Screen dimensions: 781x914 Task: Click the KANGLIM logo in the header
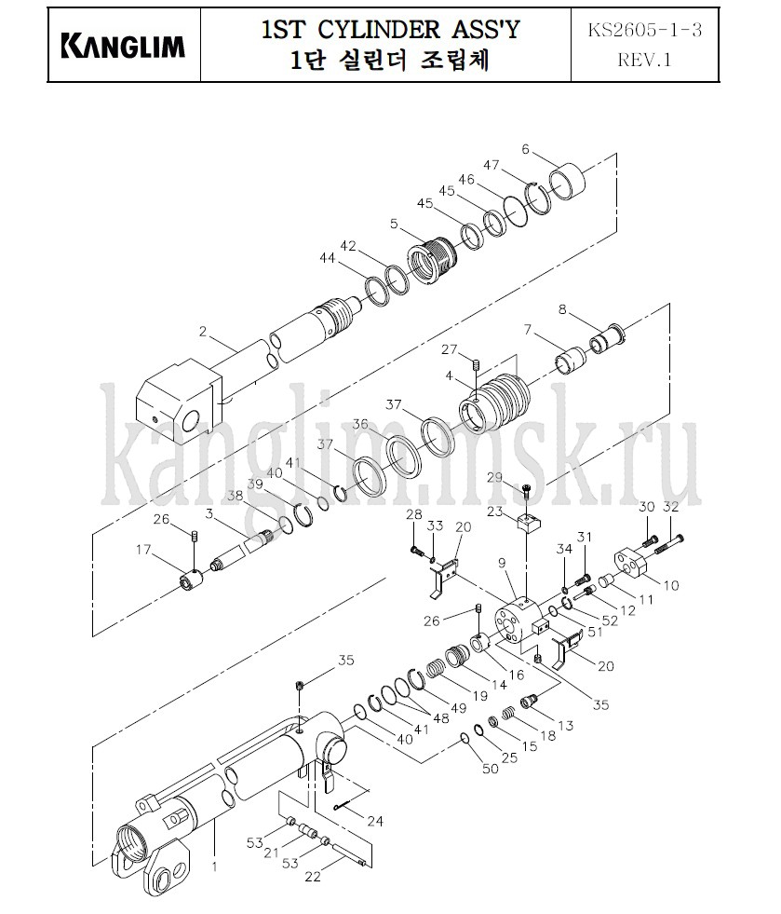[x=123, y=47]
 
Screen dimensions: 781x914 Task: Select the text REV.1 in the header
[x=644, y=60]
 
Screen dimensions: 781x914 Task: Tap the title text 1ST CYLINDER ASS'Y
[x=390, y=29]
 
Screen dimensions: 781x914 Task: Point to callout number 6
[x=525, y=149]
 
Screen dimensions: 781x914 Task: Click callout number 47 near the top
[x=491, y=165]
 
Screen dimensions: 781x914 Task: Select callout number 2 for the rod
[x=202, y=332]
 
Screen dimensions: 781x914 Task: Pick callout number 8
[x=562, y=309]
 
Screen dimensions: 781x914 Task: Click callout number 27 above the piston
[x=449, y=349]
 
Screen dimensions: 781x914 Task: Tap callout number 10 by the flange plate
[x=671, y=585]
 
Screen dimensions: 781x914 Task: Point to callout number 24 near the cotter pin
[x=375, y=821]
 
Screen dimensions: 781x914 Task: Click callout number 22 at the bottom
[x=313, y=876]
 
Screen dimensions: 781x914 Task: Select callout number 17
[x=143, y=549]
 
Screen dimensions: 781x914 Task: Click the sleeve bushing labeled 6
[x=568, y=183]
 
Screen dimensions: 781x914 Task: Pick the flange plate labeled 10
[x=631, y=562]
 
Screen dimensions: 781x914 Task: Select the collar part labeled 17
[x=191, y=580]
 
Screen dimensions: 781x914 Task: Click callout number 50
[x=490, y=769]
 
